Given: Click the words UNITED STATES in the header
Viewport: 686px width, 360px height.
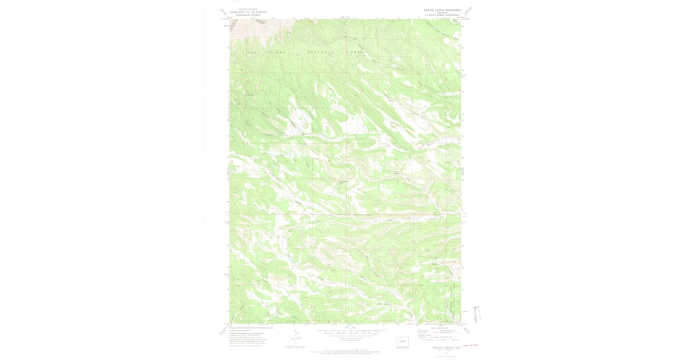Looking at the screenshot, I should coord(248,9).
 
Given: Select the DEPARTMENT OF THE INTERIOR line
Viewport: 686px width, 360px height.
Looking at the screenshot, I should coord(248,12).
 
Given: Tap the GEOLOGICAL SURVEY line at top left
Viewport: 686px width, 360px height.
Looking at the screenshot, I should coord(248,15).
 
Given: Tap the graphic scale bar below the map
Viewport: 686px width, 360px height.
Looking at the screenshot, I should coord(345,331).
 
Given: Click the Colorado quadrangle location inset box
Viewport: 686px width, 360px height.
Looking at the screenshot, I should coord(404,343).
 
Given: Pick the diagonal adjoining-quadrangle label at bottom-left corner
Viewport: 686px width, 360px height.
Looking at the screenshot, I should coord(222,331).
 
